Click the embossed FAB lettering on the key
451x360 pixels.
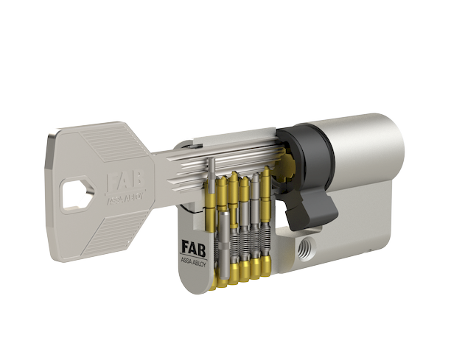125,181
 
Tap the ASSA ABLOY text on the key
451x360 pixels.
125,198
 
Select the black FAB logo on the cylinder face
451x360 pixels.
194,249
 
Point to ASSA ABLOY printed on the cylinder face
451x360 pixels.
193,262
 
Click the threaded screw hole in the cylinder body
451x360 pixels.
306,248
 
